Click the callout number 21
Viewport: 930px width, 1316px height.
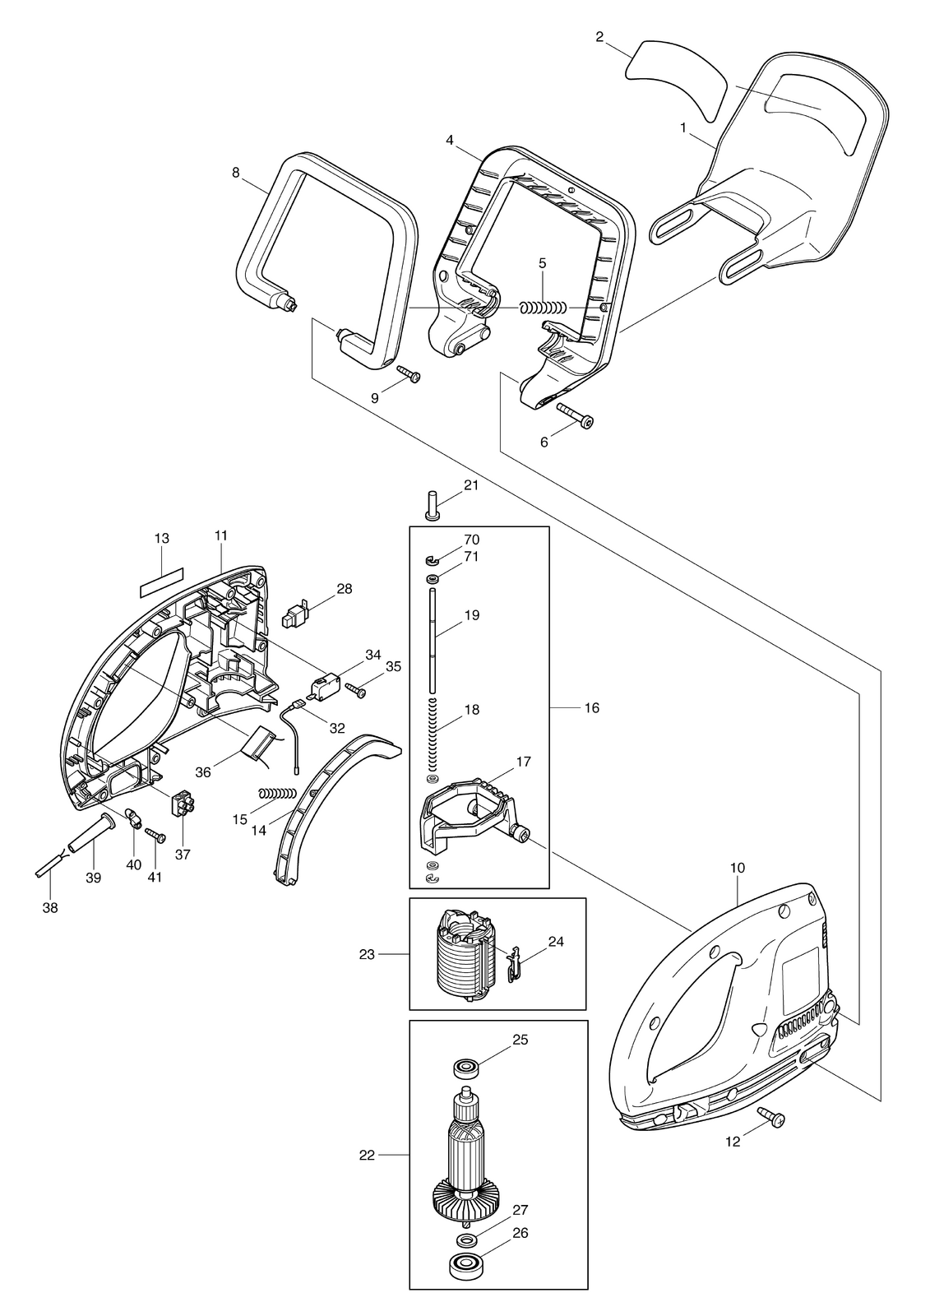click(471, 485)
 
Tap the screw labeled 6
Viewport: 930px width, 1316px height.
click(573, 415)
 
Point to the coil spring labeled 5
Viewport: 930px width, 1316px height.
click(542, 308)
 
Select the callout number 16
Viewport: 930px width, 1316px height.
click(591, 708)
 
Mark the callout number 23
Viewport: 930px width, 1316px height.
click(367, 955)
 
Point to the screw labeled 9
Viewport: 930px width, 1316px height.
click(409, 373)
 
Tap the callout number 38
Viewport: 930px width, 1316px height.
click(50, 908)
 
